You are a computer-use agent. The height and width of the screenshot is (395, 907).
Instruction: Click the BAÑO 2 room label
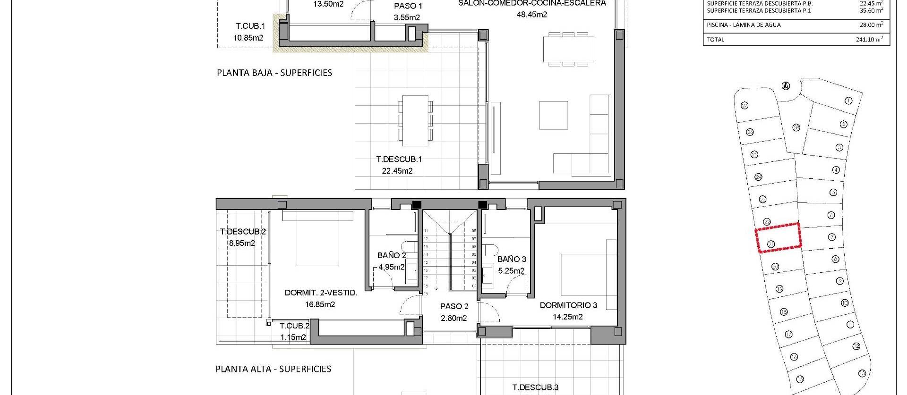click(x=392, y=255)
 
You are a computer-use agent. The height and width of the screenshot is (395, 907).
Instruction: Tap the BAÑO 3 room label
click(x=512, y=259)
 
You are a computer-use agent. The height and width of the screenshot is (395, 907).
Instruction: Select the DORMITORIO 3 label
click(x=568, y=305)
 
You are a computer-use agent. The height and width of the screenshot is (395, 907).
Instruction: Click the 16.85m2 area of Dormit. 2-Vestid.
click(x=320, y=304)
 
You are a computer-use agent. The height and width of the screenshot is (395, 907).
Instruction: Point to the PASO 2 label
click(x=454, y=306)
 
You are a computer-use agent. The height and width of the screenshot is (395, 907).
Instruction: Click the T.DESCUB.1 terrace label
click(x=399, y=160)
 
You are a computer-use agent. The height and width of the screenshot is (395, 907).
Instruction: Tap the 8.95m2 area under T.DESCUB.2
click(x=242, y=244)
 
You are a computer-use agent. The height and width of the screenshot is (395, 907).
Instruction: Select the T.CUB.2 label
click(x=294, y=326)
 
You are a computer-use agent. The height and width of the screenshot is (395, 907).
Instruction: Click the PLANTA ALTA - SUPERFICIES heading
click(x=273, y=369)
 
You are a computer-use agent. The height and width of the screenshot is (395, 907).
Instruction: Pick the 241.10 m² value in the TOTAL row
click(x=869, y=40)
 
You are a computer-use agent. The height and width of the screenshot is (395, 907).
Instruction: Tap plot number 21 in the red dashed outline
click(x=771, y=244)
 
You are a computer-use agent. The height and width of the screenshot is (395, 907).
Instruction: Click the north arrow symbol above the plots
click(x=786, y=86)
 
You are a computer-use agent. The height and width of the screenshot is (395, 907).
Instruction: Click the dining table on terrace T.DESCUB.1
click(x=416, y=121)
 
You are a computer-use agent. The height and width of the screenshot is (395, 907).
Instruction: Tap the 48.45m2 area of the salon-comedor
click(x=531, y=15)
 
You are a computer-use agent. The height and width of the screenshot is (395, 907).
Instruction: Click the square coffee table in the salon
click(x=554, y=115)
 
